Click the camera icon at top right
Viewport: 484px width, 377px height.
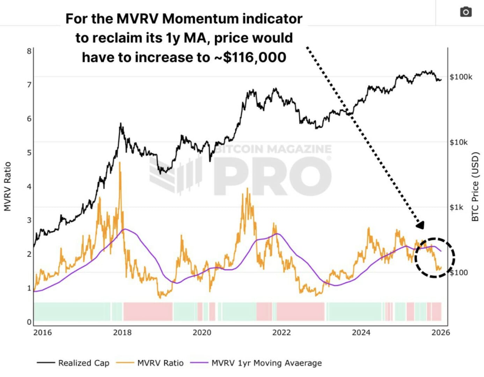point(465,12)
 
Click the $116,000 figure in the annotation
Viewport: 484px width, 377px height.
point(255,57)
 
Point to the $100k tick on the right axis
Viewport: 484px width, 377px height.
point(461,77)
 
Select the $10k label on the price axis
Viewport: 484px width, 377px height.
point(459,142)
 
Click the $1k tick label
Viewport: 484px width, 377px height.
point(456,207)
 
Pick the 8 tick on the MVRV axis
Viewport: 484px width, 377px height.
point(29,51)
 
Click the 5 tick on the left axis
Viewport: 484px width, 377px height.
point(29,153)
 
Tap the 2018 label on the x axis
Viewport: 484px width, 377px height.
point(122,332)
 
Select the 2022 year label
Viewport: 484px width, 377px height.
point(281,332)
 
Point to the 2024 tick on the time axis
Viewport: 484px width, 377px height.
point(361,332)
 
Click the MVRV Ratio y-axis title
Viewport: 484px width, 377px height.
point(8,186)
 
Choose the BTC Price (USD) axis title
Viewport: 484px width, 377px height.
point(475,186)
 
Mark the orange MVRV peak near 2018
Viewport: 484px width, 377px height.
point(120,163)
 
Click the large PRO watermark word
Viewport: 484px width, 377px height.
point(272,176)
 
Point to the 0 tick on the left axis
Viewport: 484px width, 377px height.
point(29,322)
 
